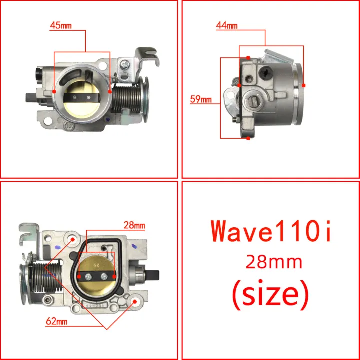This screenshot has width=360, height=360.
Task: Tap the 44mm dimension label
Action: point(227,25)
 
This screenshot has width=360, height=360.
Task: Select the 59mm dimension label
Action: point(201,99)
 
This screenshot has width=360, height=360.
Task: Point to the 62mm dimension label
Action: point(56,322)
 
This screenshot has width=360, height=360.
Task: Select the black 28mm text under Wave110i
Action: point(271,261)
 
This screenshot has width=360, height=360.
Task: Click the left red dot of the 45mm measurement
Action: point(54,91)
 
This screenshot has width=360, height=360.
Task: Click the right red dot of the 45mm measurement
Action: point(110,91)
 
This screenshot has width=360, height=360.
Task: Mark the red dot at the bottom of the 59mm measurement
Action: point(248,138)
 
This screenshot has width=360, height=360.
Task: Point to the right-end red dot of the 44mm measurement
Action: point(304,85)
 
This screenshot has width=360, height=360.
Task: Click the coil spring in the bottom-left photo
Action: point(47,280)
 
